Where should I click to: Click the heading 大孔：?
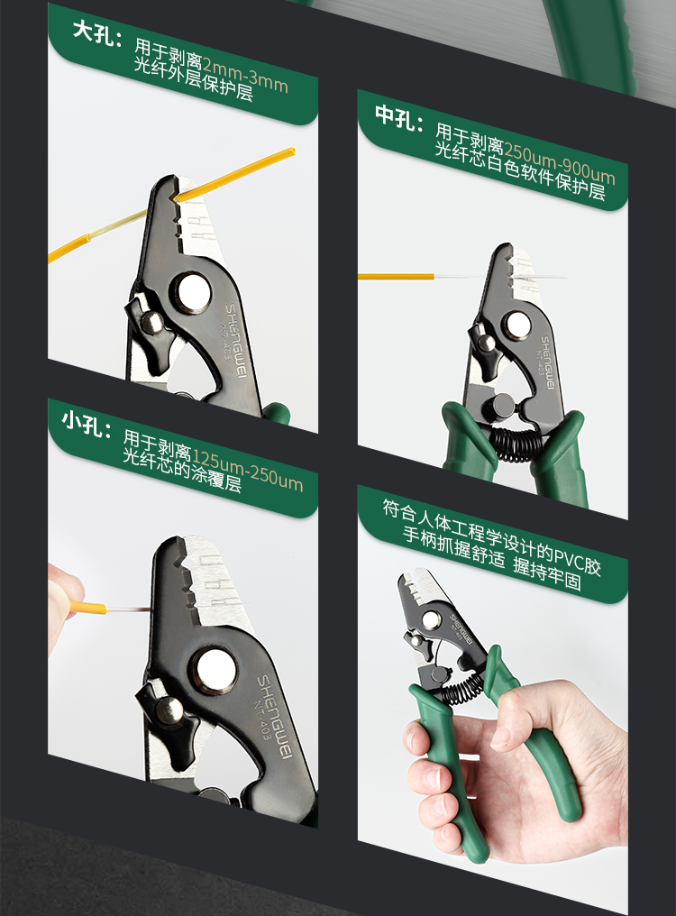tap(97, 34)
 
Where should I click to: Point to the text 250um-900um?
tap(559, 163)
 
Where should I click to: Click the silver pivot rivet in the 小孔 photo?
tap(215, 670)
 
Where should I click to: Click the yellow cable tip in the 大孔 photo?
tap(290, 152)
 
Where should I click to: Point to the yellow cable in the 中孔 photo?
tap(396, 276)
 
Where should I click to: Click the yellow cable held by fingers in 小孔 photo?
tap(88, 608)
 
